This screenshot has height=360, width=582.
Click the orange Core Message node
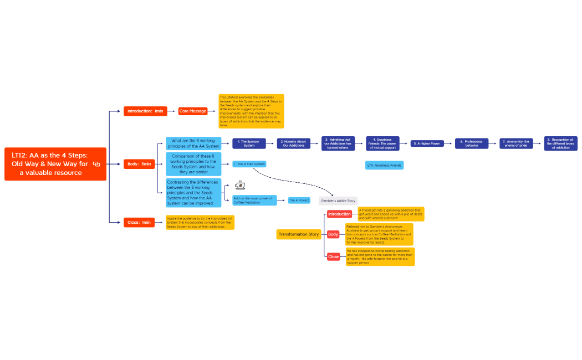[193, 111]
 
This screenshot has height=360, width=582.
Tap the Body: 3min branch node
[139, 164]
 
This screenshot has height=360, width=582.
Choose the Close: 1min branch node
[139, 222]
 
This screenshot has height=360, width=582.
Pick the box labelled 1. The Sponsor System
[249, 143]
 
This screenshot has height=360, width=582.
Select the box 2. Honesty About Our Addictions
[294, 143]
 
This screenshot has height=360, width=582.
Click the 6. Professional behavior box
[472, 143]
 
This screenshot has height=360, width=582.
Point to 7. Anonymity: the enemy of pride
[516, 143]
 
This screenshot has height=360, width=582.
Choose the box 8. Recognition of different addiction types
[560, 143]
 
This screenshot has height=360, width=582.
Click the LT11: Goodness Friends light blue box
[384, 165]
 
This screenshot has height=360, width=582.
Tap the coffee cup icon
[241, 185]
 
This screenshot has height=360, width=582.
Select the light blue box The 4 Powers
[299, 200]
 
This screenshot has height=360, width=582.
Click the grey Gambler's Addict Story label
[338, 200]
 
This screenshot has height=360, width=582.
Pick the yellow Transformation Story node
[299, 234]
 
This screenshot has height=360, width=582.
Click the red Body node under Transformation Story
[333, 234]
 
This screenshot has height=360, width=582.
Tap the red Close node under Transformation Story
[334, 256]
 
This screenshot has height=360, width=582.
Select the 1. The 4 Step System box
[249, 164]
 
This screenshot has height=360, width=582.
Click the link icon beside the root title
[96, 164]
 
